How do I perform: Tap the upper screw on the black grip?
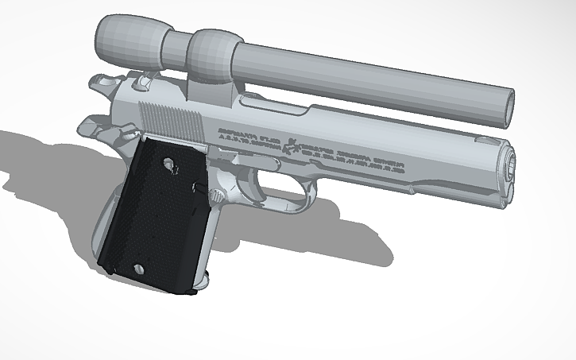(169, 165)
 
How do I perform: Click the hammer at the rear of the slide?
(102, 83)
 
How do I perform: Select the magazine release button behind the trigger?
(215, 194)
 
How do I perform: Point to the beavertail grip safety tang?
(90, 126)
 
